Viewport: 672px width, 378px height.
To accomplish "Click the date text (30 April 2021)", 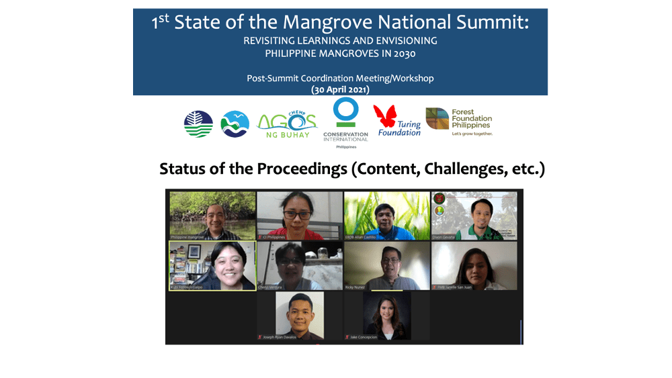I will [x=340, y=89].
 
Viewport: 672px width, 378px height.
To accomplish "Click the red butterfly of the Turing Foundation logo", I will [x=385, y=116].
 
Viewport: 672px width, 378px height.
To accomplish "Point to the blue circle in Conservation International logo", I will [x=345, y=111].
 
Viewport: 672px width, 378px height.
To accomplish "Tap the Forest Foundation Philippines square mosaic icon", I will [x=437, y=119].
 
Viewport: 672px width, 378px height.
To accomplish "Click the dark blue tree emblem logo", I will [x=198, y=124].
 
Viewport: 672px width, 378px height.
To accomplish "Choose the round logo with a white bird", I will [x=235, y=124].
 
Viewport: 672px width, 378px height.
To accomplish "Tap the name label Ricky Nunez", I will [x=356, y=287].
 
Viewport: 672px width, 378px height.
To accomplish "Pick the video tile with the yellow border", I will [x=212, y=266].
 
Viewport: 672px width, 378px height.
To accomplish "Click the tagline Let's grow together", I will [x=472, y=134].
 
